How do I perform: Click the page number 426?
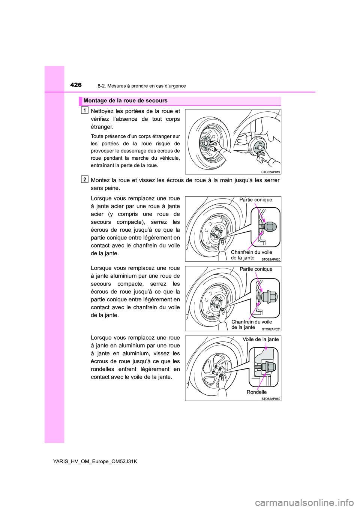coord(76,85)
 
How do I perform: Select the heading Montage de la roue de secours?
coord(125,101)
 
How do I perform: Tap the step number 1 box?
coord(85,110)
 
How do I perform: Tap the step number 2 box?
coord(85,179)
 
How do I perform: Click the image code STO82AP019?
coord(270,172)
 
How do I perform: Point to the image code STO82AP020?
coord(271,259)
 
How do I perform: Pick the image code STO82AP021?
coord(271,329)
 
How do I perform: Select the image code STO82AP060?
coord(271,399)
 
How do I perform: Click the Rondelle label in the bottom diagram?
coord(256,392)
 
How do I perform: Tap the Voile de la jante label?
coord(261,339)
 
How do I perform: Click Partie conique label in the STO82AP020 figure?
coord(256,200)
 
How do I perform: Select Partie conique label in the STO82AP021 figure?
coord(256,269)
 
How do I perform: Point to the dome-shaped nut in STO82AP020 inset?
coord(270,226)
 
